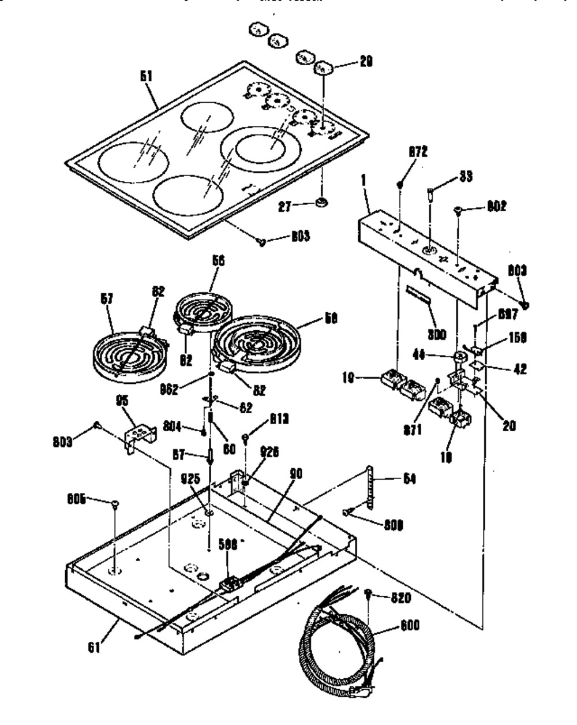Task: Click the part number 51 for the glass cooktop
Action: tap(147, 76)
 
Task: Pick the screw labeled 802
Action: tap(460, 211)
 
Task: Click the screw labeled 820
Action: tap(370, 593)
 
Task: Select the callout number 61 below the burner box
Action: tap(94, 647)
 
